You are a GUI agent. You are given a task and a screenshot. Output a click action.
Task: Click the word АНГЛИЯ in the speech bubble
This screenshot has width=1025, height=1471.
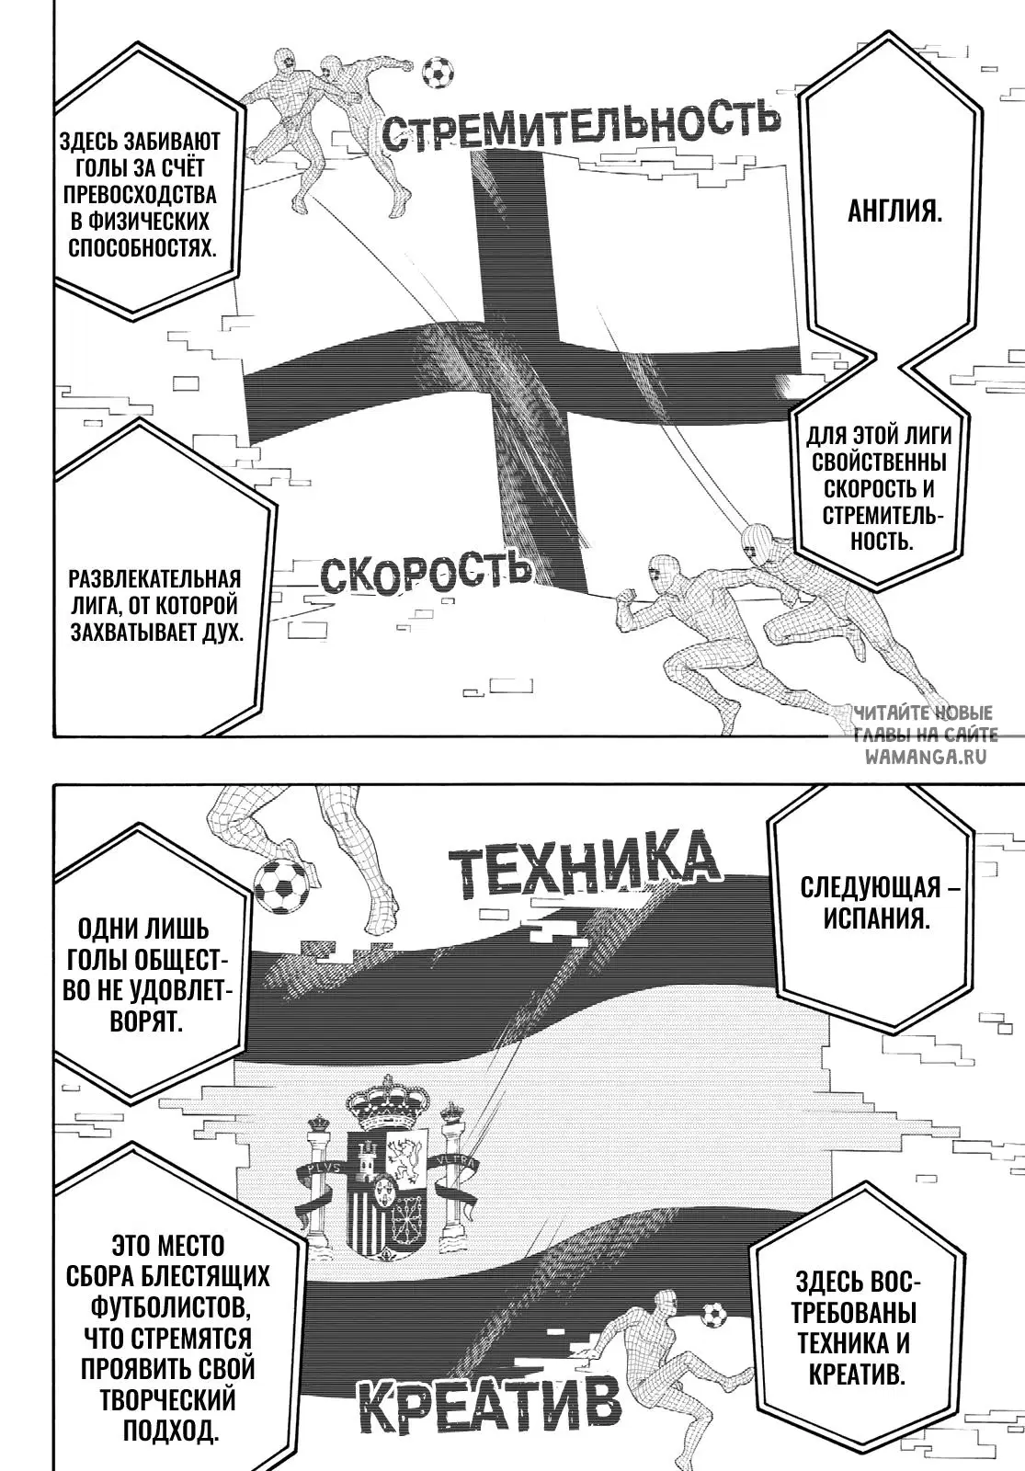pos(895,212)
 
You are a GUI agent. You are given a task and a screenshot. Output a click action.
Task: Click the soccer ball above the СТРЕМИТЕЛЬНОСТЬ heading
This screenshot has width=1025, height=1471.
pos(438,72)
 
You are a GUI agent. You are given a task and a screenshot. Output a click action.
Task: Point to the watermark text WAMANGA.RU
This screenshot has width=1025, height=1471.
pos(926,757)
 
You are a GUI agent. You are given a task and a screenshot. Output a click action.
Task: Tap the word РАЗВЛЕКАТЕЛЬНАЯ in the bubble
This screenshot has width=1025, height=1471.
pos(155,579)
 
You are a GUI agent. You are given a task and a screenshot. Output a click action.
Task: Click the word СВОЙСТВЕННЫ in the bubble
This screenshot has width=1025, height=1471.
pos(879,462)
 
